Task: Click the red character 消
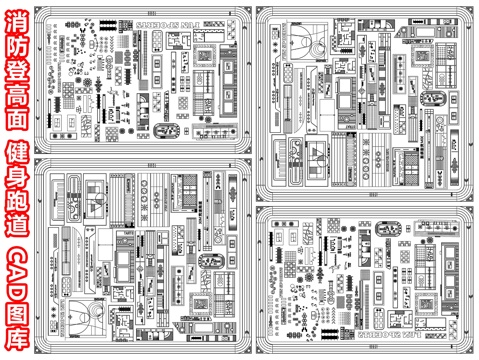pyautogui.click(x=16, y=16)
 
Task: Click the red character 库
pyautogui.click(x=16, y=343)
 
